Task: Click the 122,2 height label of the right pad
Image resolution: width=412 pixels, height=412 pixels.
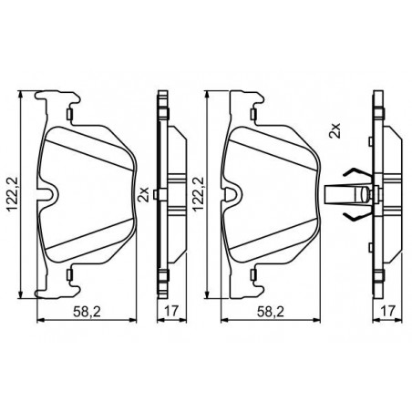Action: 198,194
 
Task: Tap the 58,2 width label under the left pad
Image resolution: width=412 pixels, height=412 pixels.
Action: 87,311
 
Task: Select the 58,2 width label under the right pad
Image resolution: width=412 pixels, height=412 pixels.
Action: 271,311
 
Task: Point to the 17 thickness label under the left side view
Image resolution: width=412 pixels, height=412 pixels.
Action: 171,311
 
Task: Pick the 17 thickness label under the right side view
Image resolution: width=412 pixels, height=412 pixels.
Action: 388,311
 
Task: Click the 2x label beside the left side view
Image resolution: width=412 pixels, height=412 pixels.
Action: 143,195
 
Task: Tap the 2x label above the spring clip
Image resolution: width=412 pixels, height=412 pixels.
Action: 335,131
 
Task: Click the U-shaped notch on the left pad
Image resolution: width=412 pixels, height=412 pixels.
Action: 47,194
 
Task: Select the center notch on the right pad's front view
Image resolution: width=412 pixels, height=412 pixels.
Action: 232,194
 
